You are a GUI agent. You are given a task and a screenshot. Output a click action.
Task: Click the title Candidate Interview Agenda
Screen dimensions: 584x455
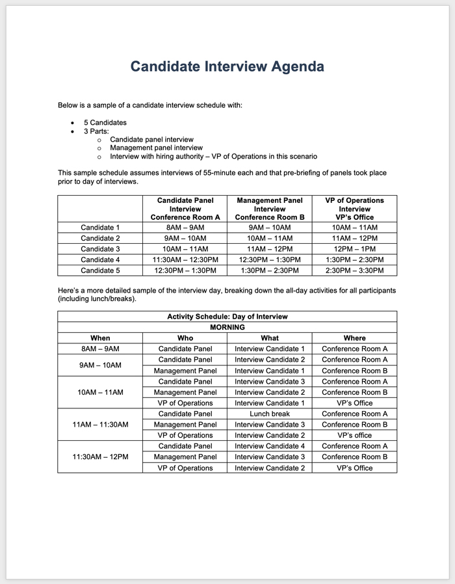point(227,67)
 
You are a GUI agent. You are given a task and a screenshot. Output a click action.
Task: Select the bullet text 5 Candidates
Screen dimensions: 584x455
point(105,122)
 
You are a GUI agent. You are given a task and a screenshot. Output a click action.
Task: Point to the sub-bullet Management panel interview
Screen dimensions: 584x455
point(156,148)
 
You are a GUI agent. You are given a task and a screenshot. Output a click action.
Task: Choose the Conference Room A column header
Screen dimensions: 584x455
point(185,217)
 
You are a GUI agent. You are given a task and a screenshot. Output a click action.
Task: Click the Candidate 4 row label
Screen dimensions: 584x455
point(100,259)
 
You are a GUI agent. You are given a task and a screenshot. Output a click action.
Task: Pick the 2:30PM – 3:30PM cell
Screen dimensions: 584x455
point(354,270)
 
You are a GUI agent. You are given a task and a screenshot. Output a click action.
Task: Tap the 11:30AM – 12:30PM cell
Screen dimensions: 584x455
point(185,259)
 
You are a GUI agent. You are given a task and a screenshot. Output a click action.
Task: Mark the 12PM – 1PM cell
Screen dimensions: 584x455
point(354,249)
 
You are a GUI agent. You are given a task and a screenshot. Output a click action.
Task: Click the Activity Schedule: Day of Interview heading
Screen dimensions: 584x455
point(227,317)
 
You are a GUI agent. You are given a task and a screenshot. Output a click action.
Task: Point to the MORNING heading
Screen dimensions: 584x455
point(227,327)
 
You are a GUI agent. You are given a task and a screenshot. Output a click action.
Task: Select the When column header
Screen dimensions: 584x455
point(100,338)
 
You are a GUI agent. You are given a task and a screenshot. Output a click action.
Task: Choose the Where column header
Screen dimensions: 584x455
point(354,338)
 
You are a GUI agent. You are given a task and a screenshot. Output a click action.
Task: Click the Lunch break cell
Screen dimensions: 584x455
point(269,414)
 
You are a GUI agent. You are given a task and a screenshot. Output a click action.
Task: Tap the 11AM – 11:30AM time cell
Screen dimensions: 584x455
point(100,425)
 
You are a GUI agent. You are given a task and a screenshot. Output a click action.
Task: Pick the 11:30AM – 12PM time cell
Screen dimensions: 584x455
point(100,457)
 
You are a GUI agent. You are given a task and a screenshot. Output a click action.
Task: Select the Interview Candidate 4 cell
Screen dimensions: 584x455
point(269,446)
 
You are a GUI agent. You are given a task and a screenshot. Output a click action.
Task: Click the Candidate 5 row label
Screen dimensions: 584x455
point(100,270)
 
